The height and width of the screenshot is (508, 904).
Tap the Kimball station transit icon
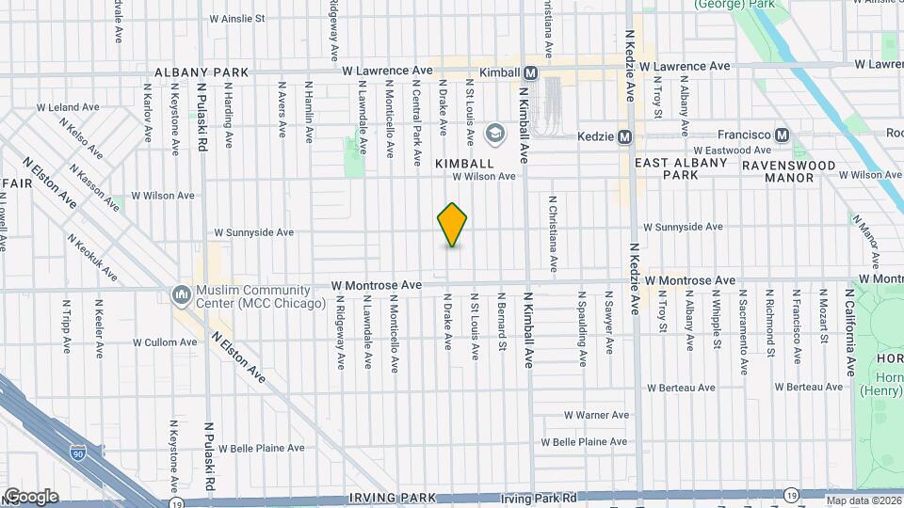(x=531, y=72)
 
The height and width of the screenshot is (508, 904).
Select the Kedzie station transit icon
(x=623, y=137)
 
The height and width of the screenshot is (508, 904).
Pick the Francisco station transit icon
(x=782, y=135)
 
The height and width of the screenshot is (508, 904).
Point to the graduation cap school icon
(x=493, y=135)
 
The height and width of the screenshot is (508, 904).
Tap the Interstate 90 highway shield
(x=77, y=454)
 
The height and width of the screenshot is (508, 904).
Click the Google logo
(x=31, y=497)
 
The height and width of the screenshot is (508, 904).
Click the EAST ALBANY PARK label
(x=681, y=168)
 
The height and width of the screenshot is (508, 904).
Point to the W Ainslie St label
(x=236, y=18)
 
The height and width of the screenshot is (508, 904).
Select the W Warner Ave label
(x=596, y=415)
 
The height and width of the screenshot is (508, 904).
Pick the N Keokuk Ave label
(x=91, y=257)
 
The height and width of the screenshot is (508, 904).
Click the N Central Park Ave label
(x=416, y=123)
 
